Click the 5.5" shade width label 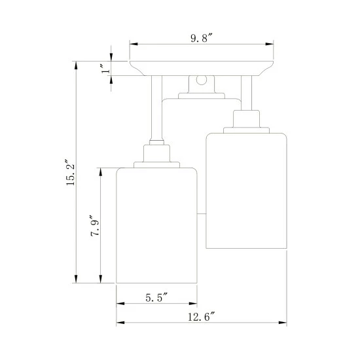coord(156,297)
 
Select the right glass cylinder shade coord(246,190)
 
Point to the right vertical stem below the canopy coord(247,92)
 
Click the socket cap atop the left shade coord(156,155)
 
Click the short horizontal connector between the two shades coord(202,211)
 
